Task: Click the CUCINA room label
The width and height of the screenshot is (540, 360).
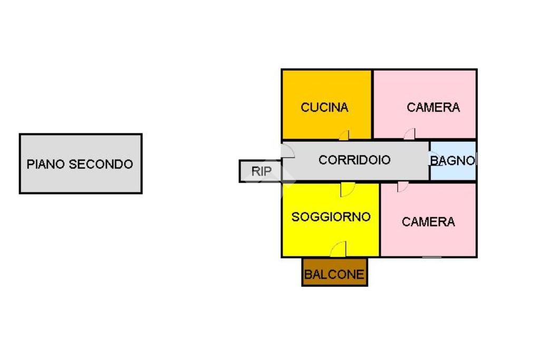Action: point(324,108)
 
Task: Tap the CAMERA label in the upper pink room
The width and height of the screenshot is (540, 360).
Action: point(433,108)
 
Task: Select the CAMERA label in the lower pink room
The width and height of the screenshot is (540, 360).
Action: point(428,222)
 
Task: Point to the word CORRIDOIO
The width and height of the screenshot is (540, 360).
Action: point(354,160)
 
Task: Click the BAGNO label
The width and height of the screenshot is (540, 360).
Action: point(453,160)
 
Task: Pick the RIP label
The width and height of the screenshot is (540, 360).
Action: point(261,171)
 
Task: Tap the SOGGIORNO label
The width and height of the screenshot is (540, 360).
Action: point(331,217)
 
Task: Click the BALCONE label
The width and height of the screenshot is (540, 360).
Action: point(334,275)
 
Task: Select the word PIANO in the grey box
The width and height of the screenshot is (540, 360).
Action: point(46,164)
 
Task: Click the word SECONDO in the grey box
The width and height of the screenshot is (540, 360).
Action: point(101,164)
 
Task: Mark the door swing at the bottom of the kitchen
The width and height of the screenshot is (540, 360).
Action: point(344,135)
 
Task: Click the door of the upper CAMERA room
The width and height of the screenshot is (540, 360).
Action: point(410,134)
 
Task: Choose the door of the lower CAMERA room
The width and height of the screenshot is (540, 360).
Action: point(402,187)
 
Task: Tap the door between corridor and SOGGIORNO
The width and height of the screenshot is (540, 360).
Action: point(347,189)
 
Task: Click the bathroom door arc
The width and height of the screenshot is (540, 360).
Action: point(434,160)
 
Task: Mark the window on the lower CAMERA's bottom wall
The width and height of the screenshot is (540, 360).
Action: point(432,257)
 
